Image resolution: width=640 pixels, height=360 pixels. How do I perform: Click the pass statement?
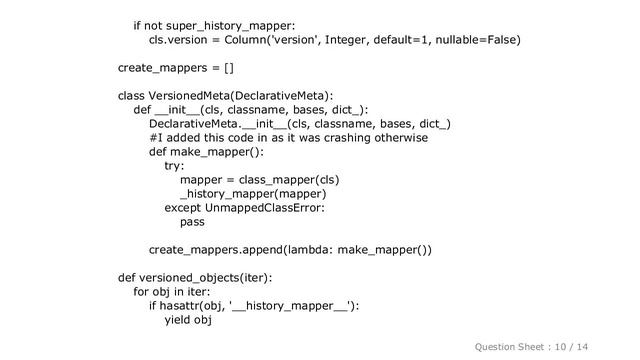click(x=193, y=222)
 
